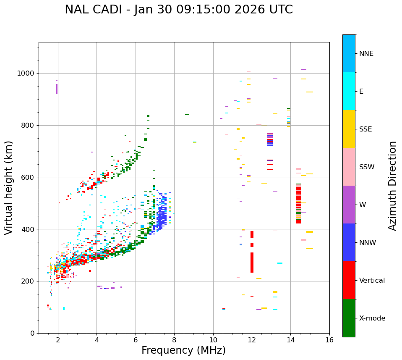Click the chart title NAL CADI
pyautogui.click(x=179, y=10)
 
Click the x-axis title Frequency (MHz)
pyautogui.click(x=183, y=350)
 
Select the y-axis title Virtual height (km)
pyautogui.click(x=9, y=188)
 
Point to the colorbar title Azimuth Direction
pyautogui.click(x=392, y=186)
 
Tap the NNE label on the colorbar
pyautogui.click(x=366, y=54)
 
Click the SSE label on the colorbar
pyautogui.click(x=365, y=129)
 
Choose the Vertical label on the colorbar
pyautogui.click(x=372, y=281)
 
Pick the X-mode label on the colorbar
pyautogui.click(x=372, y=318)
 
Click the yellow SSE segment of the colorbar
pyautogui.click(x=349, y=129)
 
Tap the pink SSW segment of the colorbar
pyautogui.click(x=349, y=167)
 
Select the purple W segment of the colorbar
pyautogui.click(x=349, y=205)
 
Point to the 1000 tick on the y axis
pyautogui.click(x=28, y=74)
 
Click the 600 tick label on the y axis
pyautogui.click(x=29, y=177)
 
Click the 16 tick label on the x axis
pyautogui.click(x=329, y=340)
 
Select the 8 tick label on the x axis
pyautogui.click(x=174, y=340)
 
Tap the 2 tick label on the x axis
pyautogui.click(x=58, y=340)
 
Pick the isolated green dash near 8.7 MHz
pyautogui.click(x=187, y=115)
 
